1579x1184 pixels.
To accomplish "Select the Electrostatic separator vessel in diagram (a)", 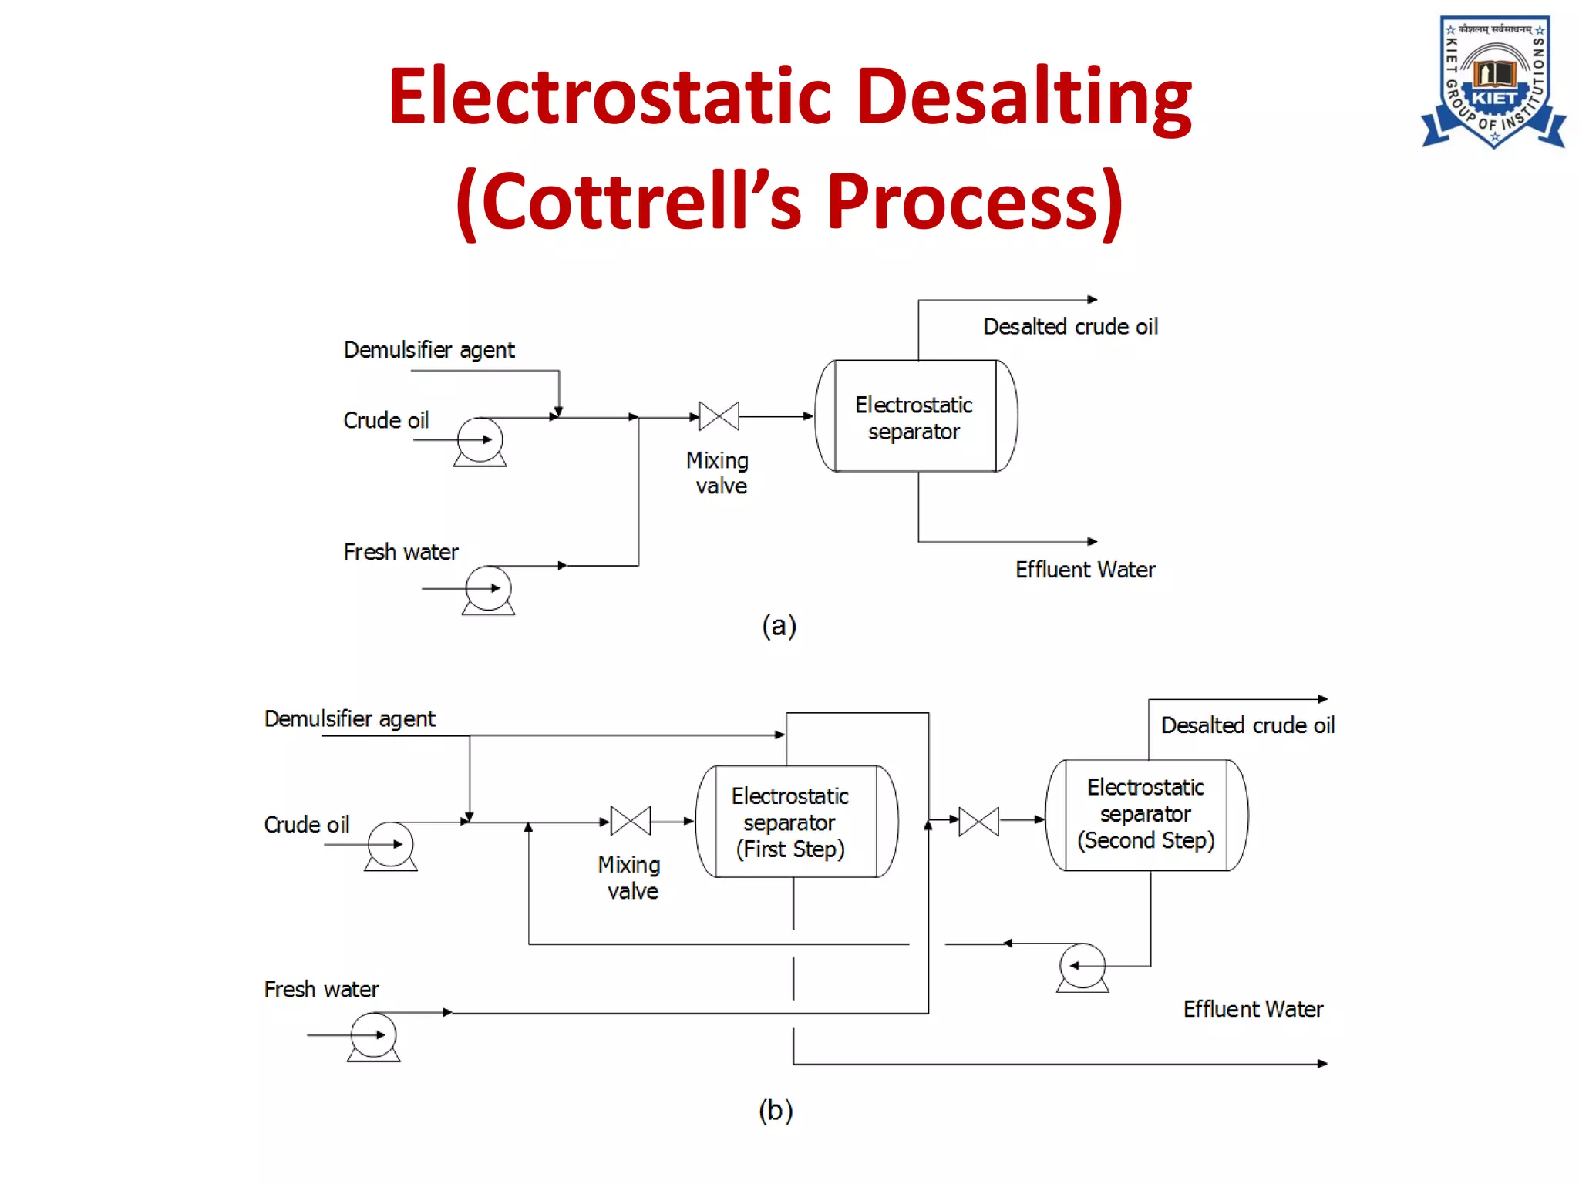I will coord(916,416).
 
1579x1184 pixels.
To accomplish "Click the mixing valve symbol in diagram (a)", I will coord(719,416).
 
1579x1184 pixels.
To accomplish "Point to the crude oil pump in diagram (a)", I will coord(480,441).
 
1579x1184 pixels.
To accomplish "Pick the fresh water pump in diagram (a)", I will coord(488,590).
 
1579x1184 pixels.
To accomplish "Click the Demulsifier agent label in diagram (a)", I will coord(429,350).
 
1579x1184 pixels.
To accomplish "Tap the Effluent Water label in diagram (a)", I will coord(1085,570).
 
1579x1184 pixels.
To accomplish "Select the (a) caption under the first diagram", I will coord(779,625).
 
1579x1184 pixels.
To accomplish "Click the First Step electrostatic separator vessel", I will coord(796,822).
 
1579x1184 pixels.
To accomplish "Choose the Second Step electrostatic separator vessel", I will coord(1146,815).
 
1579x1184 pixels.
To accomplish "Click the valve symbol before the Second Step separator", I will coord(978,822).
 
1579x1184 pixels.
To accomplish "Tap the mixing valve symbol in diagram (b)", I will coord(630,822).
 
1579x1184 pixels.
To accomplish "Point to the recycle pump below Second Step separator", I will coord(1082,967).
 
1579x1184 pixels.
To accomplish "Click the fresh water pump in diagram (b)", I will coord(374,1037).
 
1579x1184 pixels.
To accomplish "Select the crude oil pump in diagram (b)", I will coord(391,846).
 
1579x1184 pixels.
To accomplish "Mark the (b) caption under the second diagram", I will coord(776,1110).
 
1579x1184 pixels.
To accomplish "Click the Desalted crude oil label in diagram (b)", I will coord(1247,725).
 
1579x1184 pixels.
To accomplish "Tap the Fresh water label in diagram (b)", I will coord(321,989).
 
